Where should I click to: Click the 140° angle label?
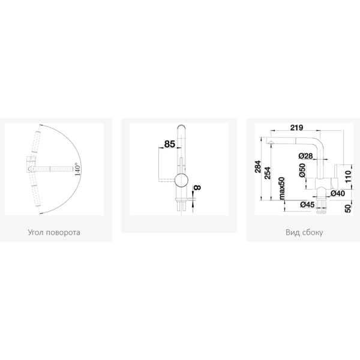(x=77, y=169)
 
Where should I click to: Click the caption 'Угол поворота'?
(x=54, y=232)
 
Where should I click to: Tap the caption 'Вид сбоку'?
(x=304, y=232)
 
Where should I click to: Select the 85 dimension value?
(x=170, y=144)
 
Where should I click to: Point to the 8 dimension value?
(x=197, y=188)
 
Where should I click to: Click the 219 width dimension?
(x=296, y=127)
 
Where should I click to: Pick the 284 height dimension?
(x=258, y=167)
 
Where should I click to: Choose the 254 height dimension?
(x=268, y=173)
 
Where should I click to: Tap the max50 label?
(x=281, y=188)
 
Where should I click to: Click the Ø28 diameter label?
(x=306, y=156)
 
